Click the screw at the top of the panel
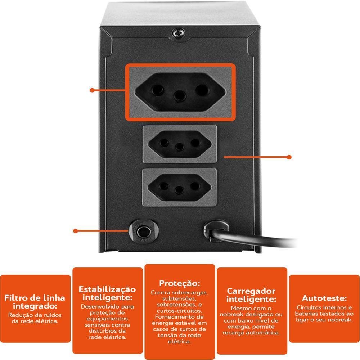click(179, 33)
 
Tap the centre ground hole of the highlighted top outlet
click(180, 96)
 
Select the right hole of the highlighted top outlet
click(202, 90)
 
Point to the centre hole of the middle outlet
click(180, 147)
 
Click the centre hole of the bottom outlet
click(179, 190)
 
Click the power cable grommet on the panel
click(215, 231)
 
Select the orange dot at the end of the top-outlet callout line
click(92, 90)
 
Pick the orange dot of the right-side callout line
click(289, 157)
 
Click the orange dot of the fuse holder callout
click(76, 231)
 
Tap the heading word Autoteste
click(324, 298)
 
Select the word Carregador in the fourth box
click(251, 291)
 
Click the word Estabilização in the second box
click(107, 289)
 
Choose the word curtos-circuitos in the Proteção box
click(179, 311)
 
